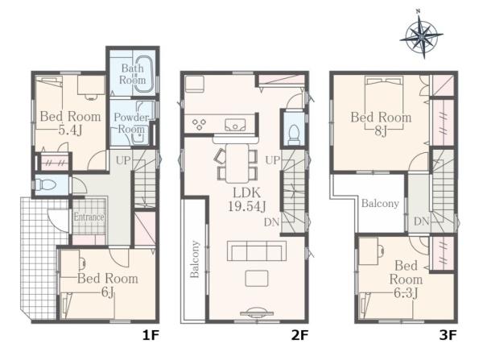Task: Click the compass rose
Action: tap(421, 36)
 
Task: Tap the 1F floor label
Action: tap(151, 335)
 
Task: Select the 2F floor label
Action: tap(299, 335)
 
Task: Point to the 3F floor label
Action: tap(448, 335)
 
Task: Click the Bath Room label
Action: tap(133, 74)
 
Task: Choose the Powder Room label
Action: tap(131, 123)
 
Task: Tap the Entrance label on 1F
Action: tap(89, 217)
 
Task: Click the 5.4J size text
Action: tap(71, 130)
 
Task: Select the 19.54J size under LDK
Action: tap(247, 206)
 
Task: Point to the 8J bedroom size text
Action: tap(381, 131)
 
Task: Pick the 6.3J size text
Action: tap(406, 293)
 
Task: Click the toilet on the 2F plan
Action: tap(294, 134)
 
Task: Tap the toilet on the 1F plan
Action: tap(45, 185)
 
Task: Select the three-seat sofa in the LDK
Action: tap(257, 251)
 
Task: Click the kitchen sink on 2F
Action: tap(235, 125)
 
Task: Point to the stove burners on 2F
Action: tap(199, 124)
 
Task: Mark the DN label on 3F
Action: tap(422, 221)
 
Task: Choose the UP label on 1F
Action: tap(123, 160)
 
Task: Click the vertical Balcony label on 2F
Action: tap(195, 259)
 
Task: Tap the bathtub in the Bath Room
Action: tap(144, 73)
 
